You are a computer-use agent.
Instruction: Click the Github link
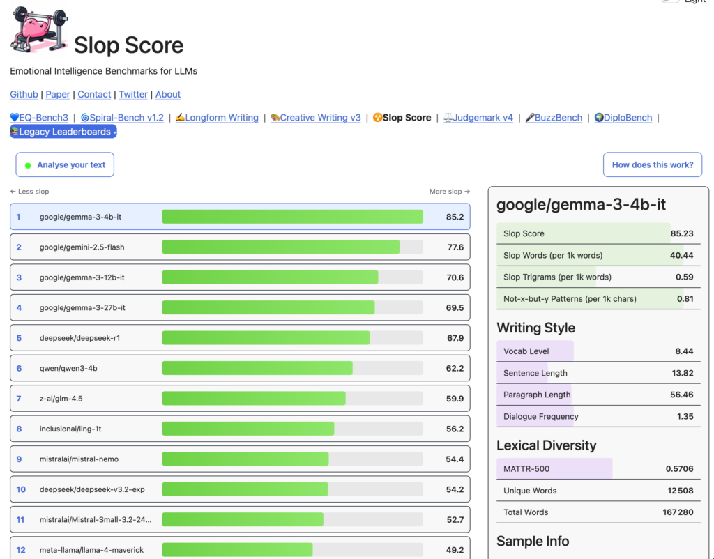(x=24, y=94)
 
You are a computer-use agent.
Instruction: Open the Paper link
(x=58, y=94)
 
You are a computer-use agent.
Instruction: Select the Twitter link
(x=133, y=94)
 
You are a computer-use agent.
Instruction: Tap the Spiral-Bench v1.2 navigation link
(x=122, y=117)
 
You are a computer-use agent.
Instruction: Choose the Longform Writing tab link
(x=217, y=117)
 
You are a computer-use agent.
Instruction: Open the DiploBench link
(x=623, y=117)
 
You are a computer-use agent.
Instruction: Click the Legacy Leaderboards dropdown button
(x=63, y=132)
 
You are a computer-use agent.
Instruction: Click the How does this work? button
(x=653, y=164)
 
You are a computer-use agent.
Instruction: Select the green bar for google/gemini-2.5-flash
(x=281, y=247)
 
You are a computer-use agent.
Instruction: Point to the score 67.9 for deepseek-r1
(x=455, y=338)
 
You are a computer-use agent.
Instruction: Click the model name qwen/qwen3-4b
(x=68, y=368)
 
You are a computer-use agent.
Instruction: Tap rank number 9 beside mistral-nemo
(x=19, y=459)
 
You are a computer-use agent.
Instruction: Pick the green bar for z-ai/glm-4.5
(x=254, y=398)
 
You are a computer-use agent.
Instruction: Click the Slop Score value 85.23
(x=682, y=233)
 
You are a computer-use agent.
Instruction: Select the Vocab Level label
(x=526, y=351)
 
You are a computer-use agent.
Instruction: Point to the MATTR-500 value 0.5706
(x=679, y=469)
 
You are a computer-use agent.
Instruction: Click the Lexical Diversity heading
(x=547, y=445)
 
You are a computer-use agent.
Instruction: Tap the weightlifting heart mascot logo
(x=39, y=29)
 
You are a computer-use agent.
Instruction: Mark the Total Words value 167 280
(x=678, y=512)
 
